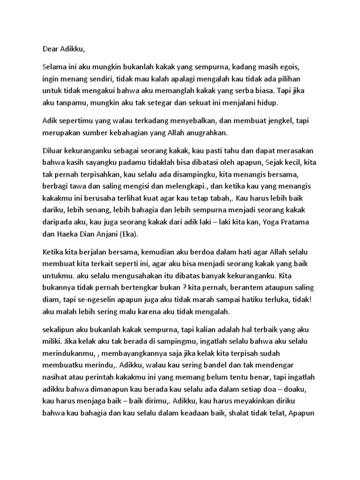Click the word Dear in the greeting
pos(51,48)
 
